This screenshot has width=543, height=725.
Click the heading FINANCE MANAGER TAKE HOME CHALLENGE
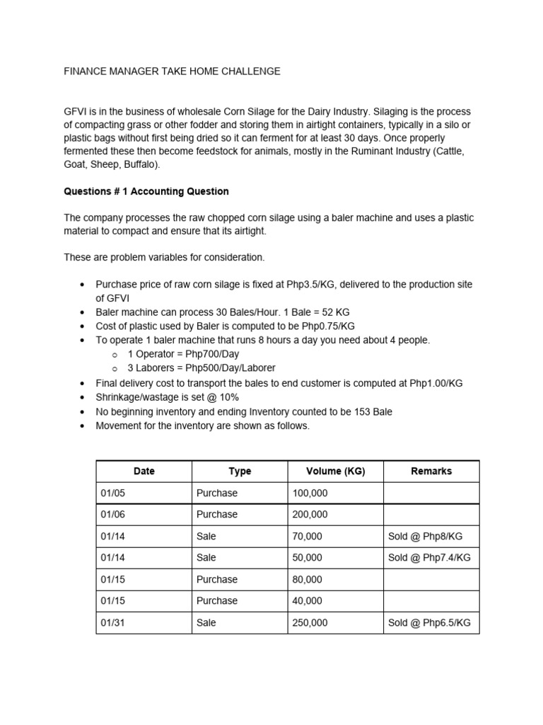[x=172, y=72]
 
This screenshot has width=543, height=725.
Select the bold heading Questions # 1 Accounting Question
[x=146, y=191]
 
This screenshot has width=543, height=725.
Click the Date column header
[x=144, y=472]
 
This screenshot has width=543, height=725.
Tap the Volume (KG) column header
[x=335, y=472]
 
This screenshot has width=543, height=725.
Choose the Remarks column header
[x=431, y=472]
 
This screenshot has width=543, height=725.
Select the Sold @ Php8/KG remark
[x=425, y=537]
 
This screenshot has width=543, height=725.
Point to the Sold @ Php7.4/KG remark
[x=429, y=558]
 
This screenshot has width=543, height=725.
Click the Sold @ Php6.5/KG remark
[x=429, y=623]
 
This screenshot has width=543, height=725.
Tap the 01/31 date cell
[x=112, y=623]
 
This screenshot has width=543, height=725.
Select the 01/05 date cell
[x=112, y=493]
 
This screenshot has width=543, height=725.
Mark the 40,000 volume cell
[x=307, y=601]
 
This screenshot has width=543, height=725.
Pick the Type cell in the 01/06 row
[x=217, y=515]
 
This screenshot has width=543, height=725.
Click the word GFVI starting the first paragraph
[x=76, y=113]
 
